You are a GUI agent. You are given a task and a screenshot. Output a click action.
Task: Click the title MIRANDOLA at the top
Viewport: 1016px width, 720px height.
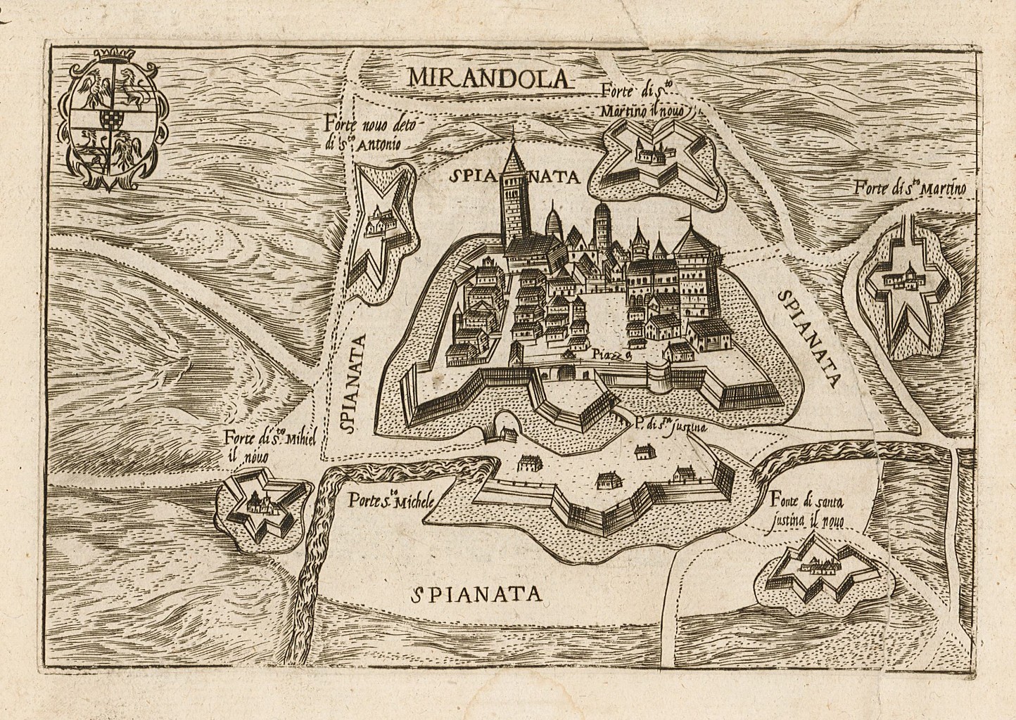point(490,77)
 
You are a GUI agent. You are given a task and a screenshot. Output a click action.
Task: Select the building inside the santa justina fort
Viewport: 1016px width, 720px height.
point(818,563)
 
